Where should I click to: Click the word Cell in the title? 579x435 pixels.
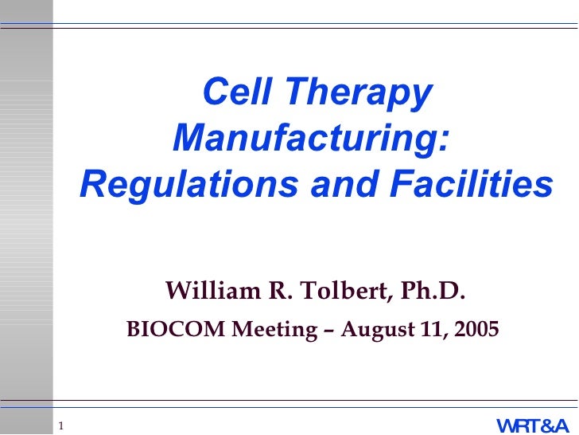pos(235,93)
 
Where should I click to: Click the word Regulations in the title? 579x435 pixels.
pos(189,185)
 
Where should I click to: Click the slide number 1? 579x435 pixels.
pos(60,424)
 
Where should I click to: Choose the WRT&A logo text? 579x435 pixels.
pos(532,425)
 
